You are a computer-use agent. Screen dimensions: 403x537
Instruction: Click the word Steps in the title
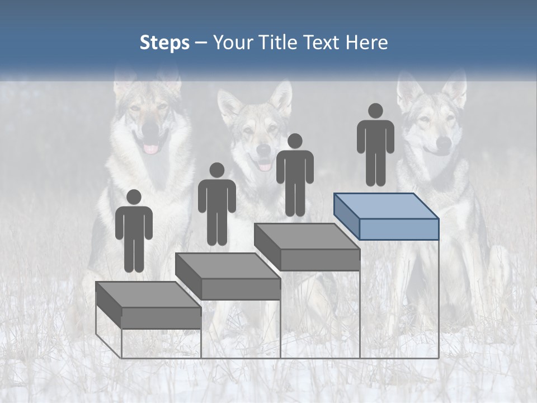[164, 43]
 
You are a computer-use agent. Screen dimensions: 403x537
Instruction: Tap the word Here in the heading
[366, 43]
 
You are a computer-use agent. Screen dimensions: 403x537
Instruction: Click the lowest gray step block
[148, 305]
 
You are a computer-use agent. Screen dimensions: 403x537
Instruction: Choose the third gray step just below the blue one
[307, 246]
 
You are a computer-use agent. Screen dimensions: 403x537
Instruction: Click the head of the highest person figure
[375, 111]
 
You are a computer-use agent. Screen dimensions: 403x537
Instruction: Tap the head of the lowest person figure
[134, 197]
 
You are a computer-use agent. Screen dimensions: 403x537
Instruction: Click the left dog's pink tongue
[151, 149]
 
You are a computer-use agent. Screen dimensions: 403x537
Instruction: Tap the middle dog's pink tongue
[265, 166]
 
